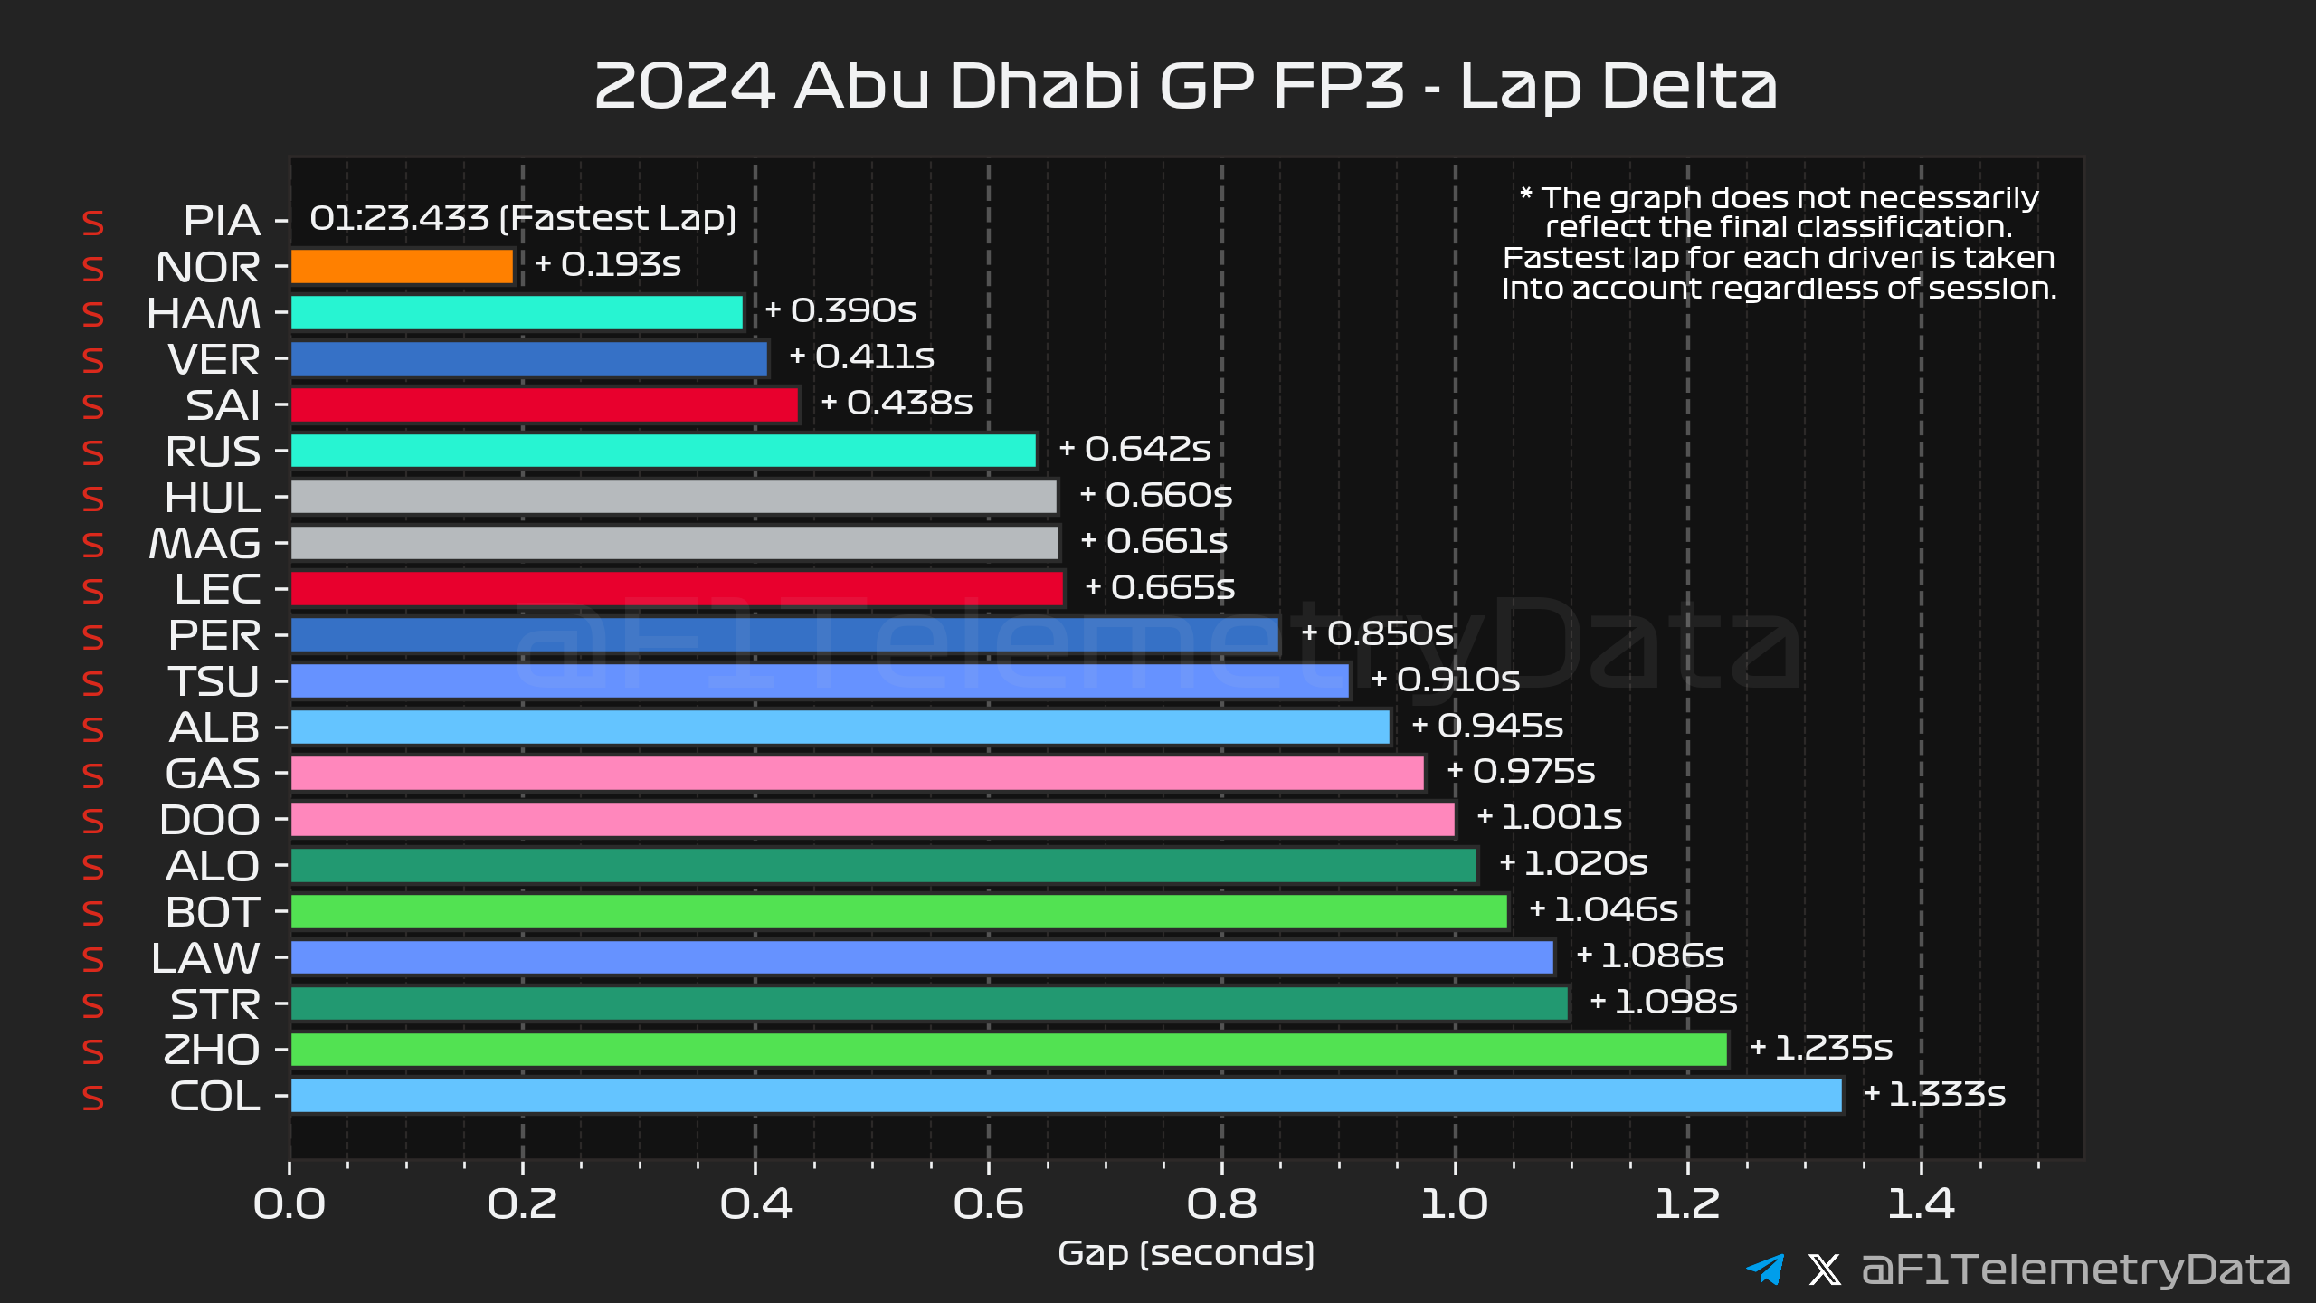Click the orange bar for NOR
(403, 267)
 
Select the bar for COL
(1066, 1096)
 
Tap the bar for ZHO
(1009, 1050)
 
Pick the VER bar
(529, 359)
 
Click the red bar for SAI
(545, 405)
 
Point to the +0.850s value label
(1377, 633)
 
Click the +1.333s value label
(1935, 1094)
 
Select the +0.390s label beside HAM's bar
(840, 310)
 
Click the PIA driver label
(222, 221)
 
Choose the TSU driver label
(214, 681)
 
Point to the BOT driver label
(213, 912)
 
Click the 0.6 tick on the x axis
(989, 1203)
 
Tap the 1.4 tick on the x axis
(1921, 1203)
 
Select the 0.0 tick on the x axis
(289, 1203)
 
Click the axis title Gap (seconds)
(1186, 1254)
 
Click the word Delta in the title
(1618, 86)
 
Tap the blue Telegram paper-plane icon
(1765, 1269)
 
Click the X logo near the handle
(1824, 1270)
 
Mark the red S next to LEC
(93, 591)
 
